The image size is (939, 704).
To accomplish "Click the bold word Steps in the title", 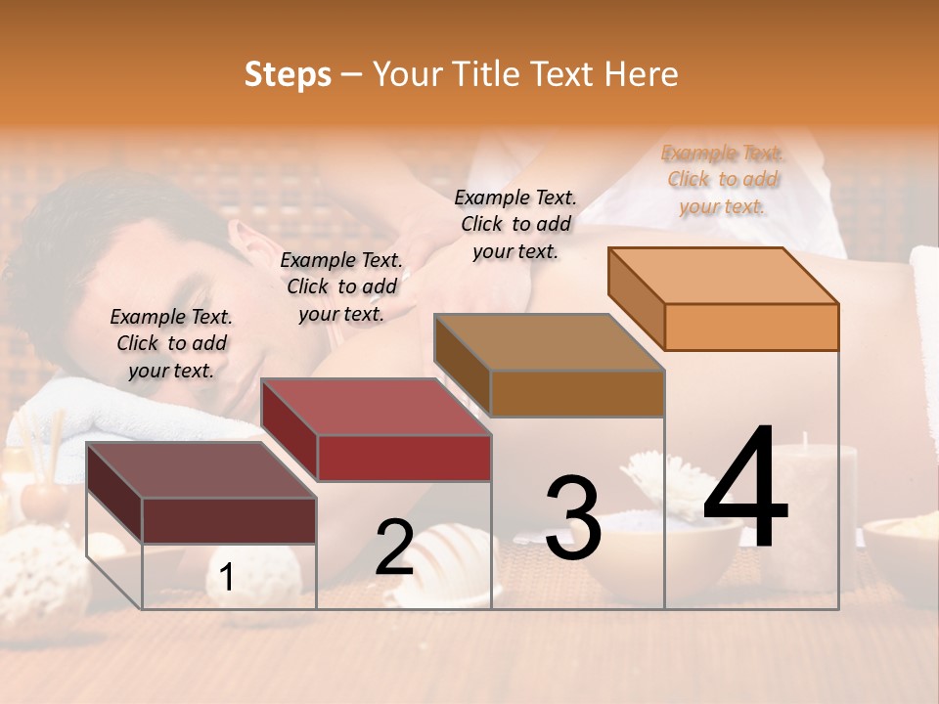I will coord(288,74).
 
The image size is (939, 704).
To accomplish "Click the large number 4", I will coord(746,489).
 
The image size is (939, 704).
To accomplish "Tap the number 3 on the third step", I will coord(572,519).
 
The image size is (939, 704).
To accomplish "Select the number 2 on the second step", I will coord(394,548).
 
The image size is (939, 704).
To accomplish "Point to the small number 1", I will coord(227,578).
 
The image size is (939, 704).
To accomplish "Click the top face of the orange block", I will coord(724,276).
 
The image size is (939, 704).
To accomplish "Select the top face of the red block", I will coord(376,407).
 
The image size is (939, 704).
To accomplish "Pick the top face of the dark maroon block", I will coord(201,470).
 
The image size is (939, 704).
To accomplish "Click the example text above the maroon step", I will coord(171,343).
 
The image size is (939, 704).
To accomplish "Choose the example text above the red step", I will coord(341,286).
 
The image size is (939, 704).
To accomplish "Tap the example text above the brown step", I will coord(515,224).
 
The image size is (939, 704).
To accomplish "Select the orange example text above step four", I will coord(723,179).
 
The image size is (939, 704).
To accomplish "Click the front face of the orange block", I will coord(751,327).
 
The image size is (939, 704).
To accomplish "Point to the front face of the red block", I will coord(404,458).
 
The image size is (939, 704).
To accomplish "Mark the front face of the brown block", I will coord(577,393).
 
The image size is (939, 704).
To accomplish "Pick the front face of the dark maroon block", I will coord(229,520).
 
